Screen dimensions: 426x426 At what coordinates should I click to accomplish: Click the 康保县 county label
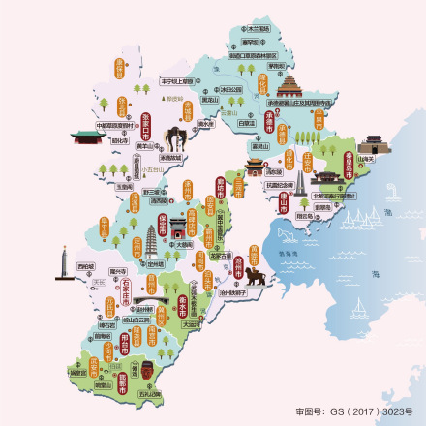tap(123, 67)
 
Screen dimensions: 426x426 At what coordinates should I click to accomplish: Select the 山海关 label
tap(366, 159)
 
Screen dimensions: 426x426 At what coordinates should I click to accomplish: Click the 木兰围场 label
tap(258, 30)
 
